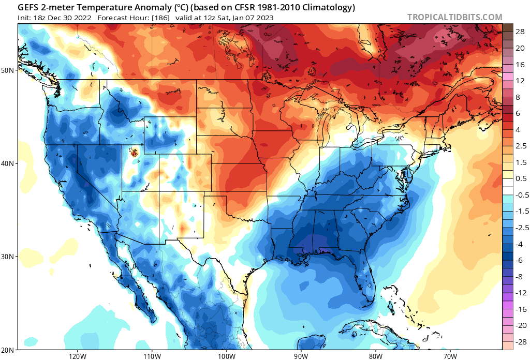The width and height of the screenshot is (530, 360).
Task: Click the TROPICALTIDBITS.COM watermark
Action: coord(454,17)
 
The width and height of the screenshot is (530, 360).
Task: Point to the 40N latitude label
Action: coord(9,163)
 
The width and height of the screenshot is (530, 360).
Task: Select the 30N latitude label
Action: coord(9,257)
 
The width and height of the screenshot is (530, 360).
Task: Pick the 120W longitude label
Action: coord(77,356)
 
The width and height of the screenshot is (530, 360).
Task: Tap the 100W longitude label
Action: coord(226,356)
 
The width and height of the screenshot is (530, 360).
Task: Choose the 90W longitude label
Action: coord(301,356)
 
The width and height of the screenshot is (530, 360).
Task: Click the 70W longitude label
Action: coord(449,356)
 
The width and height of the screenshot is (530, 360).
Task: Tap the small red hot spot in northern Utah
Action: coord(135,152)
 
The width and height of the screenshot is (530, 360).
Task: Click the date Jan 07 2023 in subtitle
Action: coord(252,18)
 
